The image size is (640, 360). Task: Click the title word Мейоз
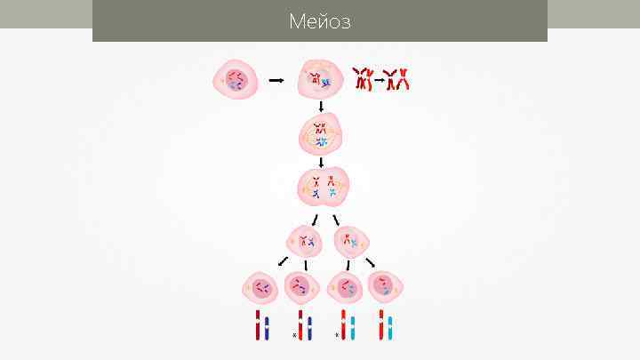[320, 21]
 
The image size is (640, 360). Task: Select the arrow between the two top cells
[276, 80]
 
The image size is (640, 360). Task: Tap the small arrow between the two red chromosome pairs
[379, 80]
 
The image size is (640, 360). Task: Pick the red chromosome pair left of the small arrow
[363, 79]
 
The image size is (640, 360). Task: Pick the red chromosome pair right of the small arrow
[396, 79]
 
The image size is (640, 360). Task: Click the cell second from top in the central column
[321, 134]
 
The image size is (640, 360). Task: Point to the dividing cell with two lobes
[323, 188]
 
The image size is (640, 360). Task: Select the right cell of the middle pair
[351, 241]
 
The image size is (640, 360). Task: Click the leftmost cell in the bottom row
[260, 287]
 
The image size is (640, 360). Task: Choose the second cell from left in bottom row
[302, 288]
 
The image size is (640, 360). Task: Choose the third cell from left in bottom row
[345, 288]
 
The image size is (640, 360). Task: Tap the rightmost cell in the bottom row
[386, 286]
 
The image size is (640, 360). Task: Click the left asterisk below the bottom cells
[293, 336]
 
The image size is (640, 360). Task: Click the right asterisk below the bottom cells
[336, 336]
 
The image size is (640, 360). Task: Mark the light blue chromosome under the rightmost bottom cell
[391, 326]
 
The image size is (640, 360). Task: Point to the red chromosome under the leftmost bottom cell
[258, 325]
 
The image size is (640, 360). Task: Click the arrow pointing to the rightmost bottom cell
[371, 262]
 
